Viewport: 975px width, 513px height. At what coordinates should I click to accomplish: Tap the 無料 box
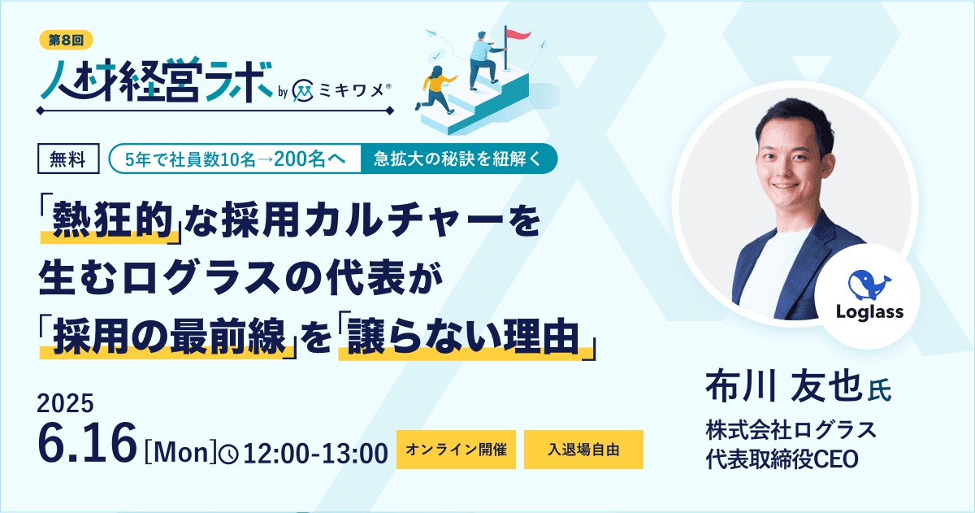(x=68, y=159)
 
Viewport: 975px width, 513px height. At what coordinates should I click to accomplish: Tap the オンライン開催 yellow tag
(x=456, y=450)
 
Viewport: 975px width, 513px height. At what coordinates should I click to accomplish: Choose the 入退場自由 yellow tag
(x=583, y=450)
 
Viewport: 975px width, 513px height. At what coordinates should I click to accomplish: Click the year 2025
(x=66, y=404)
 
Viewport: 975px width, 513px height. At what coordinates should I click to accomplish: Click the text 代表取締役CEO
(x=782, y=458)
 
